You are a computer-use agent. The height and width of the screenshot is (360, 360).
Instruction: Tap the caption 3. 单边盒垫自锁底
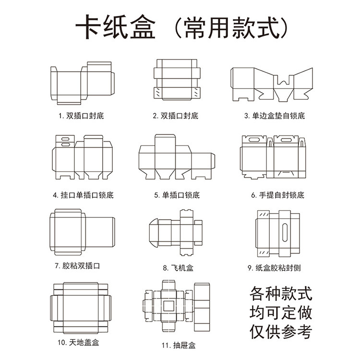tap(274, 116)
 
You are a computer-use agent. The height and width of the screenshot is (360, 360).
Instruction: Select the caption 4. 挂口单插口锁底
tap(83, 195)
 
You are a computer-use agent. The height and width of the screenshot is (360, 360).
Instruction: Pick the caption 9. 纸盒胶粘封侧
tap(274, 268)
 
